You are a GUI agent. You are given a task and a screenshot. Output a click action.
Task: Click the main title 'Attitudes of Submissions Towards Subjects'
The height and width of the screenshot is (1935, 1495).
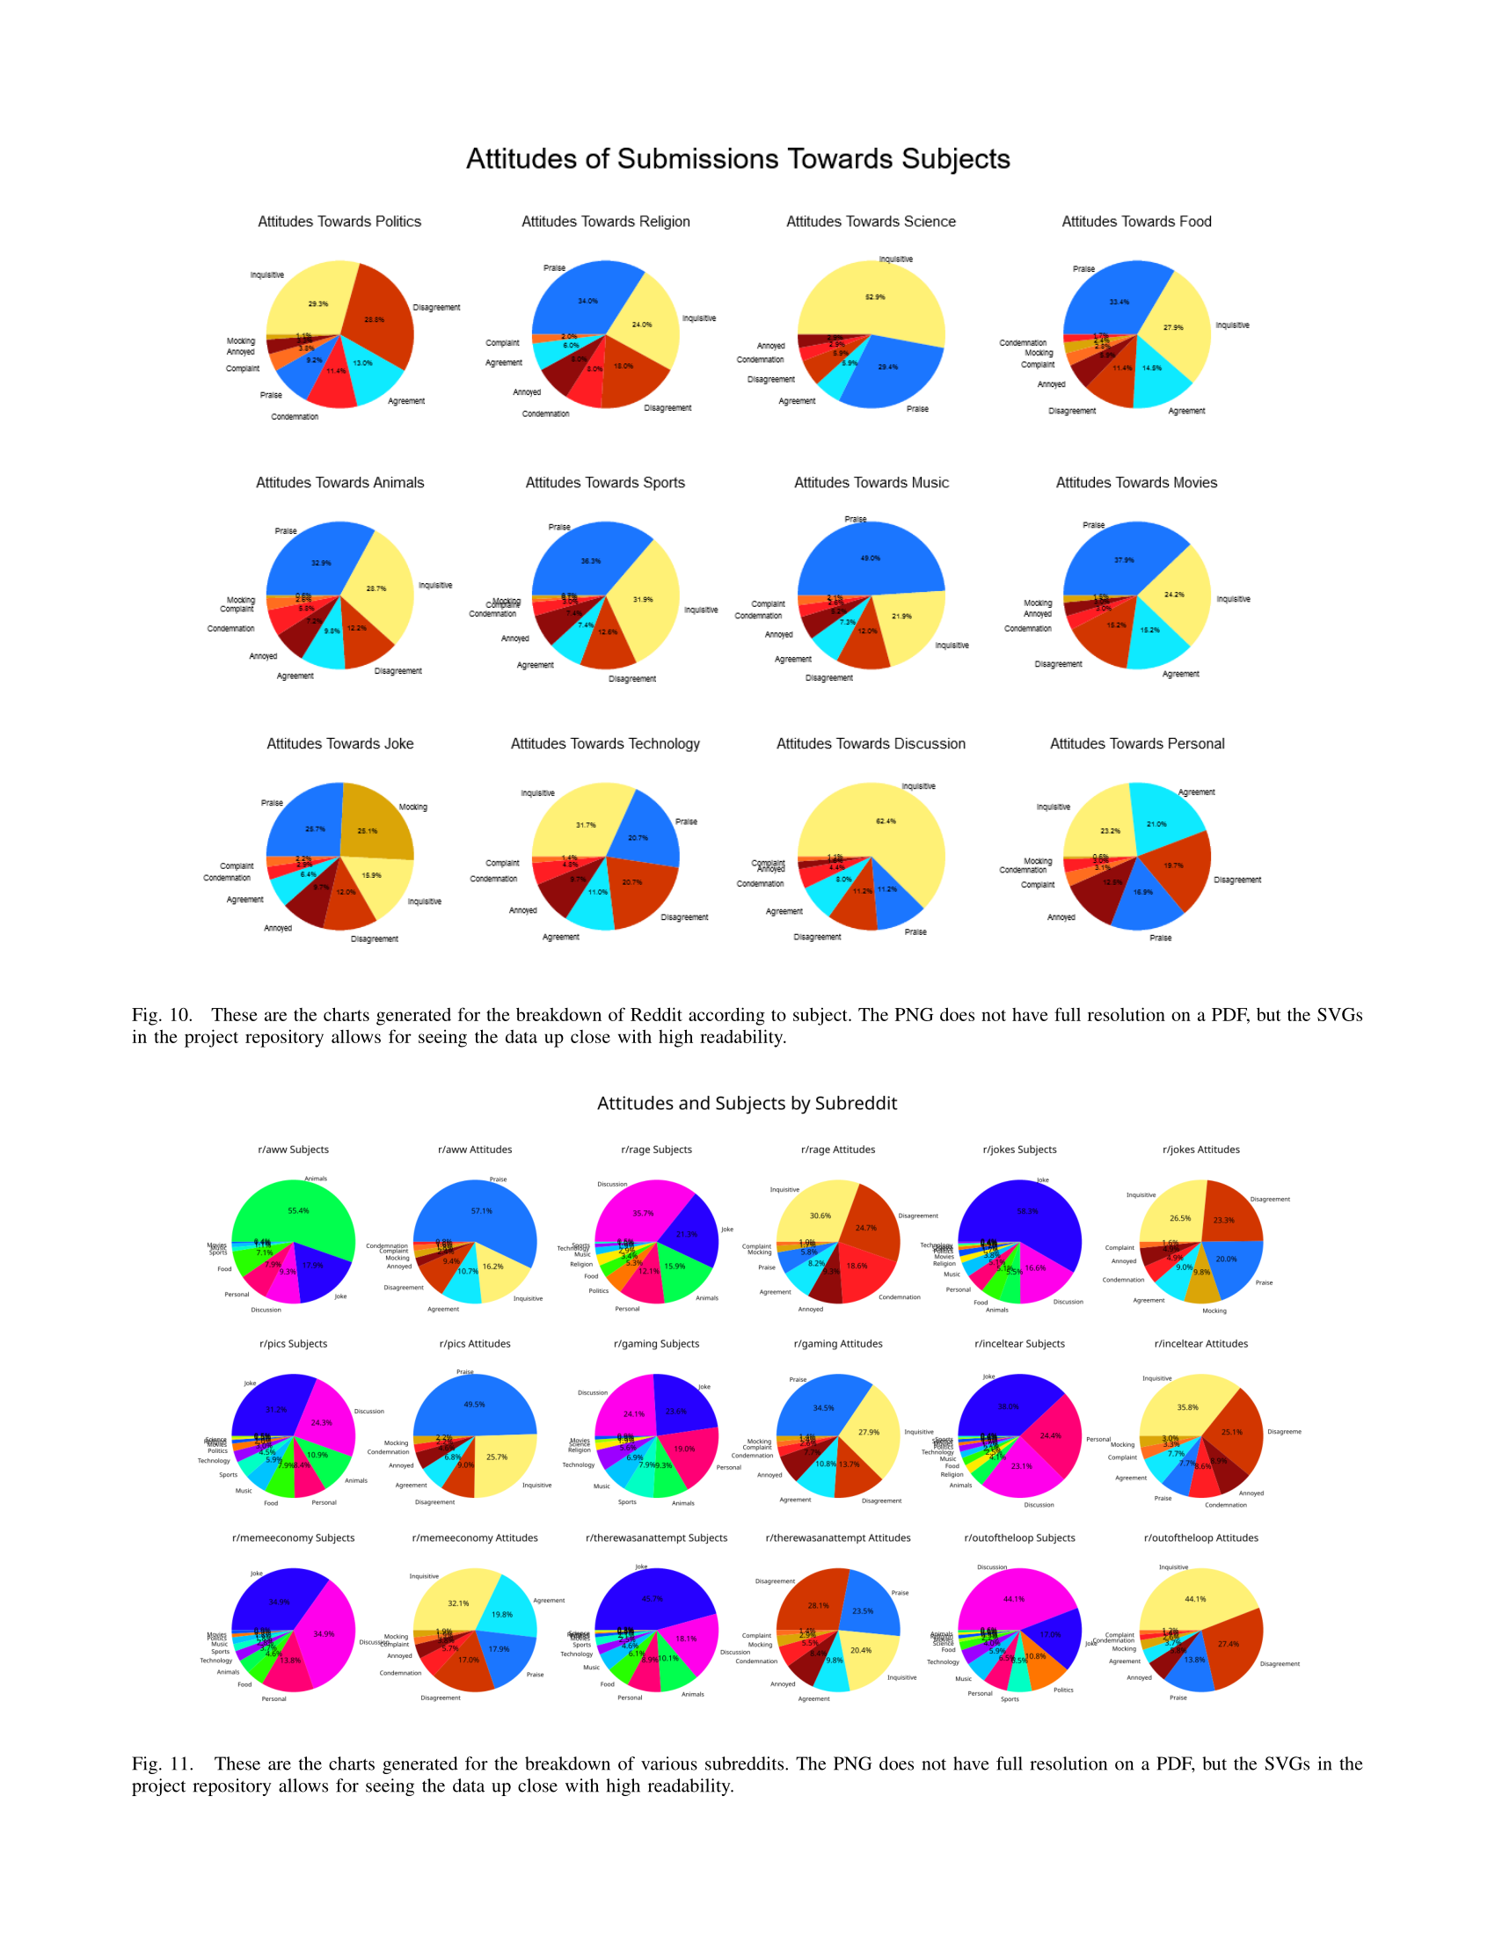click(738, 158)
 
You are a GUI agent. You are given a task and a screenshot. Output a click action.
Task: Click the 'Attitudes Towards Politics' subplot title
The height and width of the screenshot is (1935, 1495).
click(339, 222)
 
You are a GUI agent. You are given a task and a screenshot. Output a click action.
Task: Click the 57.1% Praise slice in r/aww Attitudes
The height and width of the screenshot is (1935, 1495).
click(481, 1212)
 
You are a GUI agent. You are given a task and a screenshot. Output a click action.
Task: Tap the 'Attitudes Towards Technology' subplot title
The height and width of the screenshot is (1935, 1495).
click(605, 743)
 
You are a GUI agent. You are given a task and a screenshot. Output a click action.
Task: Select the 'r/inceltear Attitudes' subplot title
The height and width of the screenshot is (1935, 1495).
click(1201, 1344)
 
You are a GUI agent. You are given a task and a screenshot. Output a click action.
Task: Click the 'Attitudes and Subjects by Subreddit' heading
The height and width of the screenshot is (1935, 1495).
click(747, 1103)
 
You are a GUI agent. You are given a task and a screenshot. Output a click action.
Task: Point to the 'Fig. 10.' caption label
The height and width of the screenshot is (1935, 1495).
click(162, 1014)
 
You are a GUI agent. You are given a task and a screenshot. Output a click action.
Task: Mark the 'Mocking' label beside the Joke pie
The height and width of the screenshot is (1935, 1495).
click(412, 807)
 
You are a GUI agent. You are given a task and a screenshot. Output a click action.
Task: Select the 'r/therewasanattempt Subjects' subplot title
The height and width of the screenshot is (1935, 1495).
click(656, 1538)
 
